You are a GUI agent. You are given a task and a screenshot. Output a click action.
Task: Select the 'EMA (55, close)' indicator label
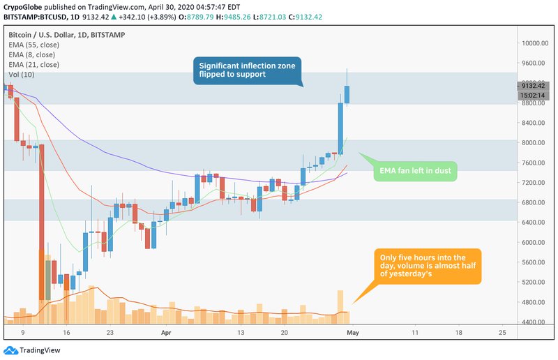click(33, 44)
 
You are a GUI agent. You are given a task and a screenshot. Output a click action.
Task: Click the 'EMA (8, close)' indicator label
click(31, 54)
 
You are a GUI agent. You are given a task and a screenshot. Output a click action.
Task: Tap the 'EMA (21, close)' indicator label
click(33, 64)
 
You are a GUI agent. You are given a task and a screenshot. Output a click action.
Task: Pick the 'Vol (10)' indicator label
click(21, 74)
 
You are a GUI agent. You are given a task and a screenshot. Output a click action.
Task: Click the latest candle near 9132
click(347, 94)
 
